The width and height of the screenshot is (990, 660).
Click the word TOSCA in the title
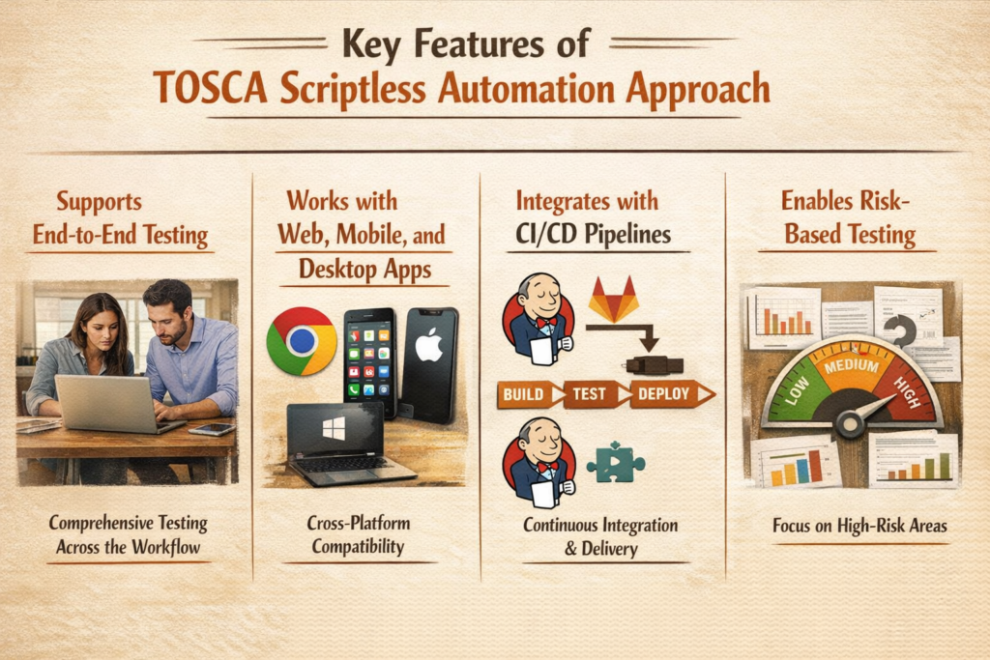[x=209, y=88]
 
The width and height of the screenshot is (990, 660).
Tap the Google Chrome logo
[x=301, y=341]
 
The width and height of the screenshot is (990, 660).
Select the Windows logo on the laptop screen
[x=334, y=429]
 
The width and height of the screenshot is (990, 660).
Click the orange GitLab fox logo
[x=613, y=300]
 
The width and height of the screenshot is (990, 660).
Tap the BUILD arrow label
[x=528, y=394]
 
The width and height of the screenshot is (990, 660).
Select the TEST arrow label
[x=593, y=394]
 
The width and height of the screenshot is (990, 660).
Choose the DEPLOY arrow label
[x=667, y=394]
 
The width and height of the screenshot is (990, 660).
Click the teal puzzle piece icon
[x=615, y=462]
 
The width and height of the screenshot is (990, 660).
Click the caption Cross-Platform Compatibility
[x=359, y=534]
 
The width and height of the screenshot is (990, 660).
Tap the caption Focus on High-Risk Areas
[x=846, y=527]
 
